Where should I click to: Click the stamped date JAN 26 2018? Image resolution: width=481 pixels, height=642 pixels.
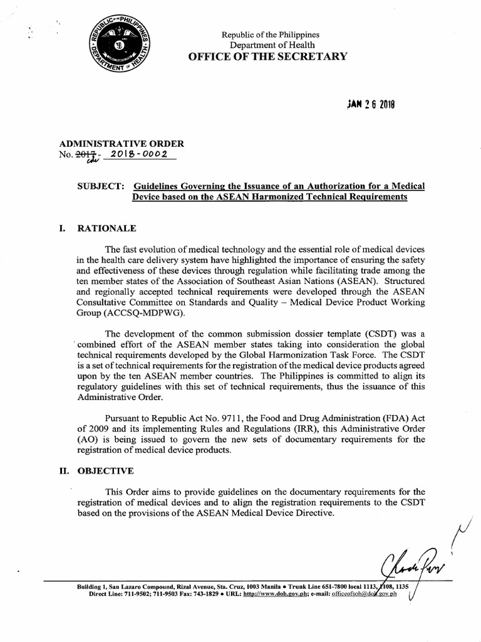(371, 105)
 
